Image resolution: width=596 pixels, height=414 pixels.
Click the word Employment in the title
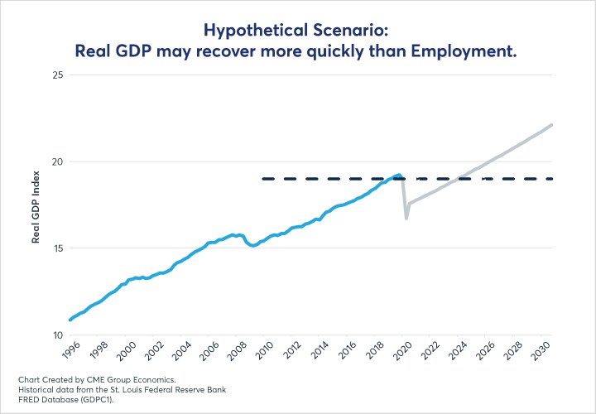tap(469, 51)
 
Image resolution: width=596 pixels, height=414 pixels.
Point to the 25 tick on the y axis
tap(59, 75)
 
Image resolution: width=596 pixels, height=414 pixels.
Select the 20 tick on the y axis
tap(59, 161)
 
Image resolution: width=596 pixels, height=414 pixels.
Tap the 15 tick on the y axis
tap(59, 248)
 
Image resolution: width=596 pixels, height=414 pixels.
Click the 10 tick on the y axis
tap(59, 335)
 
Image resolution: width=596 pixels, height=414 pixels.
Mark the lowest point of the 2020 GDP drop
tap(406, 219)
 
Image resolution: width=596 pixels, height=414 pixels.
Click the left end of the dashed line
tap(263, 178)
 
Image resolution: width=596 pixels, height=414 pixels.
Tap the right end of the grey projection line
tap(553, 125)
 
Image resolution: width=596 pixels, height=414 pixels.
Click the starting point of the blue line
tap(70, 320)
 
